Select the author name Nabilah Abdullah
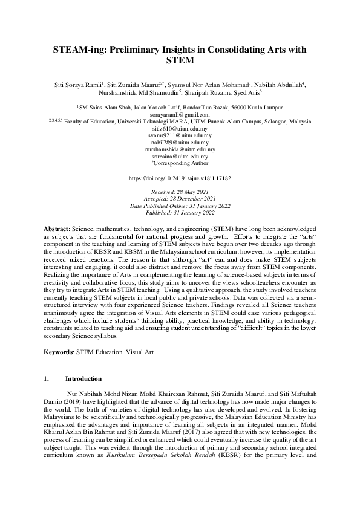pos(281,85)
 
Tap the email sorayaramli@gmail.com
pos(180,115)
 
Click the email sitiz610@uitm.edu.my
pos(180,129)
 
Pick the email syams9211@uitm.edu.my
pos(180,136)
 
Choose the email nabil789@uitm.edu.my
pos(180,143)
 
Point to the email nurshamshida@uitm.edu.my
pos(180,149)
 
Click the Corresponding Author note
pos(180,163)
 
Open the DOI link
pos(180,179)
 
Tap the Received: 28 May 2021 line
pos(180,192)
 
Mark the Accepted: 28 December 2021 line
pos(180,198)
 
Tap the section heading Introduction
pos(84,378)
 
